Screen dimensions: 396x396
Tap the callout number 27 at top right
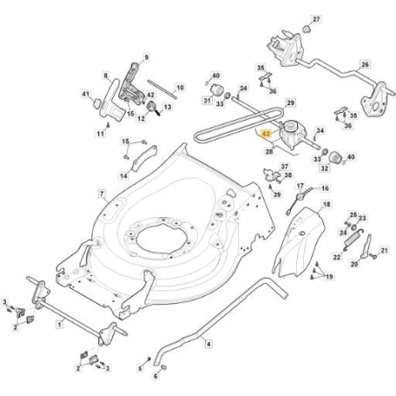click(x=317, y=18)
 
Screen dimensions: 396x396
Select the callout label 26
click(x=365, y=65)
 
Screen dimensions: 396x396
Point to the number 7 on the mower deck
click(x=102, y=194)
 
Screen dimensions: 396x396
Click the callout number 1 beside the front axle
click(x=58, y=323)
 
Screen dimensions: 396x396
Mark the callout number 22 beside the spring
click(x=336, y=258)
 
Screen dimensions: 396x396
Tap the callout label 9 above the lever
click(x=146, y=58)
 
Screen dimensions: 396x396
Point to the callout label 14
click(x=124, y=176)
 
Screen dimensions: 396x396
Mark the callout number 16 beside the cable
click(x=325, y=188)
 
